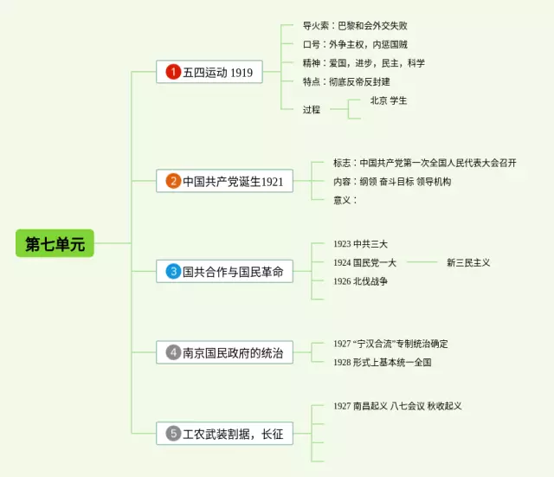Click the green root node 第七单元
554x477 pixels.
(55, 244)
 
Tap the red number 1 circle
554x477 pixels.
(173, 72)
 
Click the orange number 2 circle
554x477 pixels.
(173, 181)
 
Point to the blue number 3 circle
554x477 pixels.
(173, 272)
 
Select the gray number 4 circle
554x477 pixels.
(173, 352)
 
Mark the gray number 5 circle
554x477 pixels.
(173, 433)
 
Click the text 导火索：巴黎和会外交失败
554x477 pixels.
(359, 26)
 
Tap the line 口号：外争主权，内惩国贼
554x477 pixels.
(355, 44)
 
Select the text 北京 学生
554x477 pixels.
(389, 100)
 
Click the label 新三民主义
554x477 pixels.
(468, 262)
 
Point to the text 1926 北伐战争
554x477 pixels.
(360, 281)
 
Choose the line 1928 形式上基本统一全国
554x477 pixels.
(382, 362)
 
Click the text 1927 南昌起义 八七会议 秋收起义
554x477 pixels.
(397, 406)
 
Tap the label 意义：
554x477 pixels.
(345, 200)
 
